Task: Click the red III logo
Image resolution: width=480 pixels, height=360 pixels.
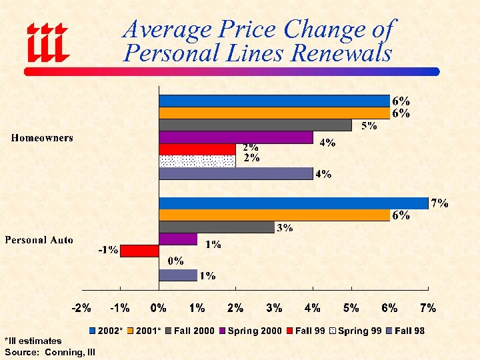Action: pos(47,42)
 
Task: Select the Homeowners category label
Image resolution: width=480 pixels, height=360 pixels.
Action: pos(43,138)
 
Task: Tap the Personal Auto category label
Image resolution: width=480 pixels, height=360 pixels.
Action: pos(39,240)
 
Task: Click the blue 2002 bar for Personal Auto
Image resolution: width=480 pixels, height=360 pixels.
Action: pos(293,203)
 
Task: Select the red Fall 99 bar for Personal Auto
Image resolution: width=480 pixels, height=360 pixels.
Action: pos(139,251)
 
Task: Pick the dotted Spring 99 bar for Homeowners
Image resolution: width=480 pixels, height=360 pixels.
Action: pos(197,161)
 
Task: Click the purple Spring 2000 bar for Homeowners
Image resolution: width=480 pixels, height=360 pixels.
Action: pos(236,137)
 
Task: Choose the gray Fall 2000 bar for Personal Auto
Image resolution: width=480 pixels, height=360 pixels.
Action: pos(216,227)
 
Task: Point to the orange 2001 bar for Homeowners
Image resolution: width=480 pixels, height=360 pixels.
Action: pos(274,113)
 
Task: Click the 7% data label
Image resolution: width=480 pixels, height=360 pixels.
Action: pos(439,203)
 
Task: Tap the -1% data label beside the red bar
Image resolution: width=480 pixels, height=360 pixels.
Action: pos(108,251)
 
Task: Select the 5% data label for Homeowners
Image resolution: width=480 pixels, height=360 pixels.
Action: pos(369,126)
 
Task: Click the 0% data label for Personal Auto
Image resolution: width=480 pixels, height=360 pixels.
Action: pos(175,261)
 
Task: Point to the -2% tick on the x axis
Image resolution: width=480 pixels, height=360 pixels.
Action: pos(81,308)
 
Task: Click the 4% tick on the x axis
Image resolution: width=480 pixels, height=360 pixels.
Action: pos(313,308)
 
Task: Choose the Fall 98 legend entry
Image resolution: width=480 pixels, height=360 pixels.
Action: pos(405,331)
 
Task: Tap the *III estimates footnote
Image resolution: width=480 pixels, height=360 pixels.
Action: pos(33,341)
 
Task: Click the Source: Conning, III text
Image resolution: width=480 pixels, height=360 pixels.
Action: pos(50,351)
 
